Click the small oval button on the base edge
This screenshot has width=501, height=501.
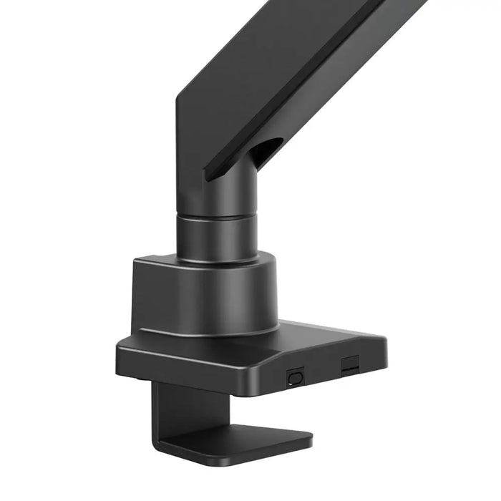click(x=295, y=376)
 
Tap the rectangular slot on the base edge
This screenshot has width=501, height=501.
click(x=349, y=364)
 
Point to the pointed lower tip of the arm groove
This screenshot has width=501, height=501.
click(x=207, y=176)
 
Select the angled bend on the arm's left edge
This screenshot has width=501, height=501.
click(x=177, y=107)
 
